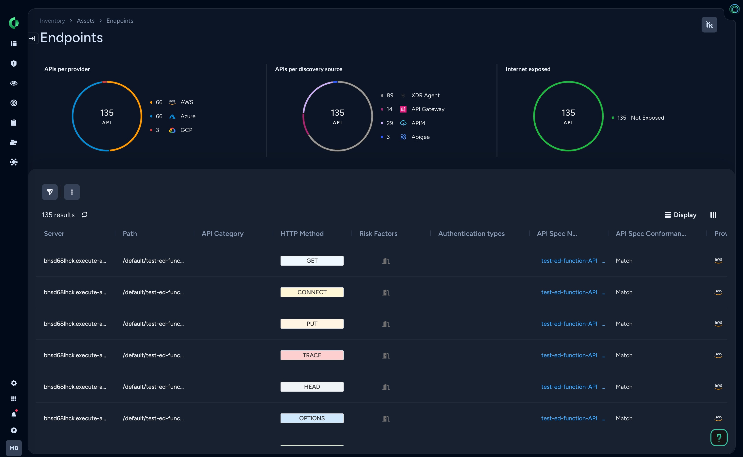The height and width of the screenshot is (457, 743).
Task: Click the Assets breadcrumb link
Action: tap(86, 20)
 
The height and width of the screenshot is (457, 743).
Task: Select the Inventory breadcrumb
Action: tap(52, 20)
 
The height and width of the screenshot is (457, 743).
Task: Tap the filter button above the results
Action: tap(50, 192)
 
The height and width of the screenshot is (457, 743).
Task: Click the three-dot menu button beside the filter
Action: tap(72, 192)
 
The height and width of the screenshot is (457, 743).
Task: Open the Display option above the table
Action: tap(681, 215)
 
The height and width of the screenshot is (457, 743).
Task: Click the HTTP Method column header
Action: tap(302, 233)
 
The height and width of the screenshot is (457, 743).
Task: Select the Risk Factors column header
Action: tap(378, 233)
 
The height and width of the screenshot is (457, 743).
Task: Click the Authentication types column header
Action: tap(471, 233)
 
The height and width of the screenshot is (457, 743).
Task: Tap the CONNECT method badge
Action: tap(312, 292)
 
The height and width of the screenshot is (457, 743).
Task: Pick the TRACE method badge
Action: tap(312, 355)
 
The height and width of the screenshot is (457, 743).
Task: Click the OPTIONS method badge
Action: tap(312, 418)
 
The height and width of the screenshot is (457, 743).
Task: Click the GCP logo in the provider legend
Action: tap(172, 130)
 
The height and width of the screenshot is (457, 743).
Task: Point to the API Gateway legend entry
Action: tap(427, 109)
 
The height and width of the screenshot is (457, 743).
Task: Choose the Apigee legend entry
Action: tap(420, 137)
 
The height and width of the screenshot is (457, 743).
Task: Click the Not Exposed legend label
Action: tap(647, 118)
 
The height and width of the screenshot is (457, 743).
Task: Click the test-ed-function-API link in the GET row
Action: tap(569, 261)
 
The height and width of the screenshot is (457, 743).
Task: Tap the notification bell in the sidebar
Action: tap(14, 415)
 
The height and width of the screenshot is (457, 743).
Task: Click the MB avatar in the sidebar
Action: tap(14, 448)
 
